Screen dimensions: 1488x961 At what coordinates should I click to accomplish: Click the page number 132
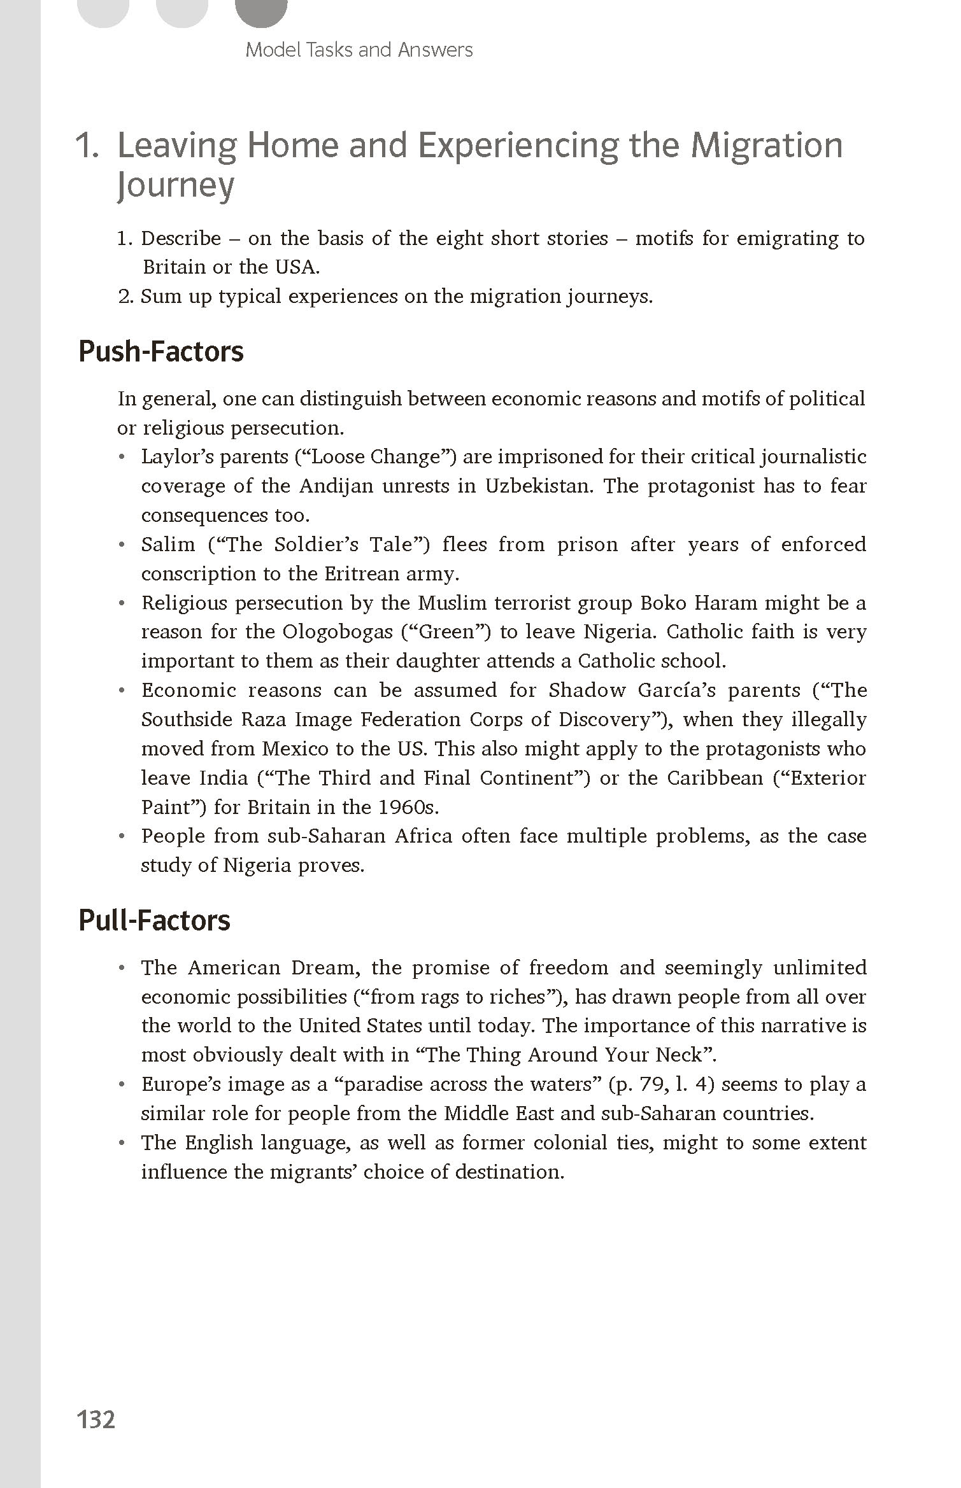tap(96, 1420)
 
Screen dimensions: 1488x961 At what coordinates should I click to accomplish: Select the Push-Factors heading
tap(160, 351)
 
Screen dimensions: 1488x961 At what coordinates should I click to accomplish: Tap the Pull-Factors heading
tap(154, 920)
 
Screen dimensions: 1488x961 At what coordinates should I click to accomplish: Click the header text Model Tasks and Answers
tap(359, 50)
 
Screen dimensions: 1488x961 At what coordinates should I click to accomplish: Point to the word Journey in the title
tap(176, 185)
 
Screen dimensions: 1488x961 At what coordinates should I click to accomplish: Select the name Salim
tap(168, 545)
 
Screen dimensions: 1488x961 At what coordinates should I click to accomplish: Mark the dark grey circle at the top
tap(261, 10)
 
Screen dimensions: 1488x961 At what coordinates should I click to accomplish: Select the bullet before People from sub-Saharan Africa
tap(122, 836)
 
